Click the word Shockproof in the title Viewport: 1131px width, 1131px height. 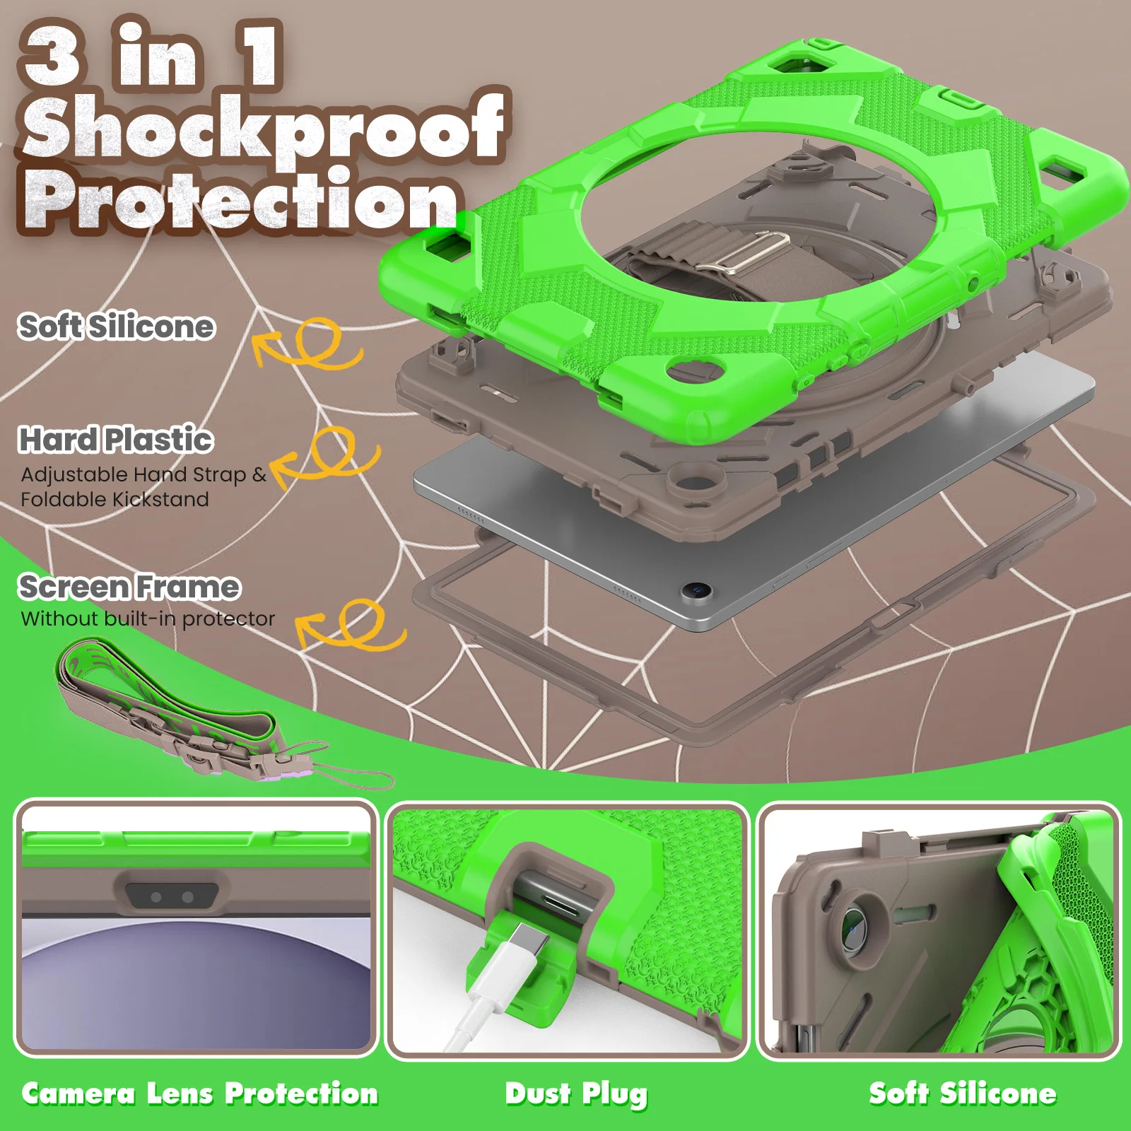(x=263, y=127)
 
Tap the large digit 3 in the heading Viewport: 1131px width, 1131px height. (x=54, y=55)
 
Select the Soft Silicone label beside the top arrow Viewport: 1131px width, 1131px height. (x=117, y=327)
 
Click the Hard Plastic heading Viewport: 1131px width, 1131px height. (x=115, y=440)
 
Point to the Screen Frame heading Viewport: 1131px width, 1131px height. (x=129, y=587)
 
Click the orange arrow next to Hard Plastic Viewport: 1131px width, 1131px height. (x=325, y=456)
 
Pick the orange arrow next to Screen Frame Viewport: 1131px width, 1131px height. (x=351, y=625)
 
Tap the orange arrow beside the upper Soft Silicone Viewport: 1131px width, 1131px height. (x=308, y=344)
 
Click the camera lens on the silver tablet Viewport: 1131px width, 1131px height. (x=698, y=590)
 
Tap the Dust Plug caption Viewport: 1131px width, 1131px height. (x=576, y=1094)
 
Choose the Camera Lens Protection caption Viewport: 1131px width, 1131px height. (x=200, y=1094)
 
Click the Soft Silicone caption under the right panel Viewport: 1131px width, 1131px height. (x=963, y=1094)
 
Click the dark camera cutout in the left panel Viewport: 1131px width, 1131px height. (x=172, y=896)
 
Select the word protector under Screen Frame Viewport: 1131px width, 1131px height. (x=228, y=619)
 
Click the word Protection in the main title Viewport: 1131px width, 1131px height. (x=240, y=201)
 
